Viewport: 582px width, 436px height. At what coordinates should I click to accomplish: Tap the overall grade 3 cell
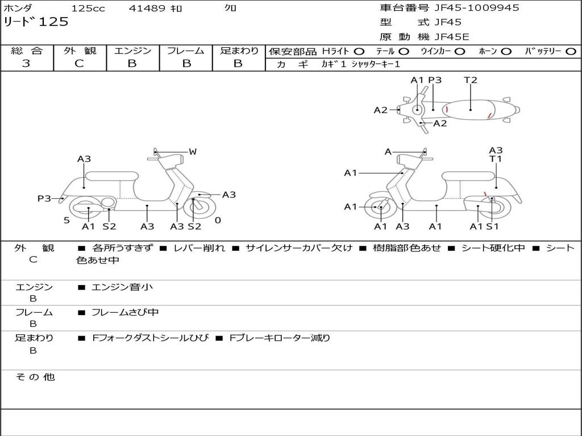(x=26, y=64)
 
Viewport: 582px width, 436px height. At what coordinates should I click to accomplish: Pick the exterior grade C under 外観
(x=80, y=64)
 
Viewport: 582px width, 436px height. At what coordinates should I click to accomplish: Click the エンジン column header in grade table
(x=132, y=51)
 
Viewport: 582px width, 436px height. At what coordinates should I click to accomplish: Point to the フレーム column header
(x=186, y=51)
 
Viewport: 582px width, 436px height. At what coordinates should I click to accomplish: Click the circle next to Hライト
(x=359, y=51)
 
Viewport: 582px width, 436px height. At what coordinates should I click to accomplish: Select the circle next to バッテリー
(x=571, y=51)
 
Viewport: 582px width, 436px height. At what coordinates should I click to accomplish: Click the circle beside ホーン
(x=506, y=51)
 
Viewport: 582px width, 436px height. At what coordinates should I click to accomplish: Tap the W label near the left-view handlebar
(x=193, y=152)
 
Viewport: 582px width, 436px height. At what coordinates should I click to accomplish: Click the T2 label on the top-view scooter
(x=471, y=80)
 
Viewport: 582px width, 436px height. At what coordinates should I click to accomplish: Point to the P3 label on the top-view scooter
(x=435, y=80)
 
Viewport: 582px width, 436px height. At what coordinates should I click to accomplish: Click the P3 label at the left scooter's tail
(x=44, y=198)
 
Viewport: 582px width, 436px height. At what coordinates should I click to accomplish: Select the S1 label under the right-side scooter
(x=492, y=227)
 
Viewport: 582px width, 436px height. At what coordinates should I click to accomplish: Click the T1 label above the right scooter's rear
(x=496, y=160)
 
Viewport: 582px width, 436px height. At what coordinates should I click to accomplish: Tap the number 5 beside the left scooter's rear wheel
(x=66, y=220)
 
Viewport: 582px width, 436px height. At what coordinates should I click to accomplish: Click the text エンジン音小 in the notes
(x=122, y=287)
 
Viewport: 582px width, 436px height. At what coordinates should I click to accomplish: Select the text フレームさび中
(x=125, y=312)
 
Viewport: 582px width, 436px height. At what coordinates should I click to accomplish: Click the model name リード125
(x=36, y=22)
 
